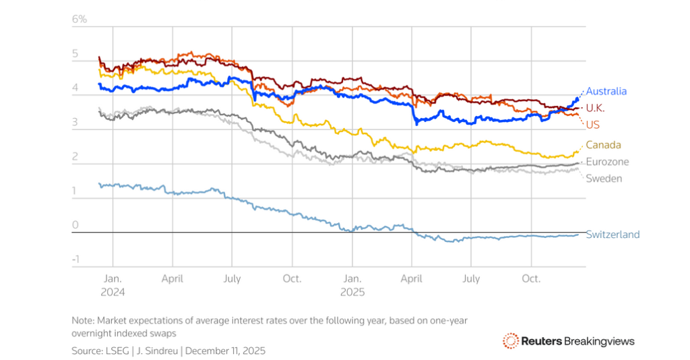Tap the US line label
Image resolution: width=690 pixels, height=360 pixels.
pos(592,125)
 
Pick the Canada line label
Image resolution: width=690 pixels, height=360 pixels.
pos(603,145)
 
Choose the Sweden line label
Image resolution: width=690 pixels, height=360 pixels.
pos(603,179)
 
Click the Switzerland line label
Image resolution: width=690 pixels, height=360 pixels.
pos(613,235)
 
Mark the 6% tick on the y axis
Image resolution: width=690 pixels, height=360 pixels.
pos(80,19)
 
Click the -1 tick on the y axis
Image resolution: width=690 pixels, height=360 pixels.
pos(76,260)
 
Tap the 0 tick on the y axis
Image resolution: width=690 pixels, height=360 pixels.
pos(75,225)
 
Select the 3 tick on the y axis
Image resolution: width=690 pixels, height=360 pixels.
pos(75,122)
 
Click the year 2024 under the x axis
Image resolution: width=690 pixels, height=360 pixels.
pos(113,293)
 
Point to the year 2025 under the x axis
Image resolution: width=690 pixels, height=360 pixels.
pos(352,293)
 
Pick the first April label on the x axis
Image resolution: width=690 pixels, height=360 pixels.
pos(172,278)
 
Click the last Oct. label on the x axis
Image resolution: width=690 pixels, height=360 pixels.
pos(531,278)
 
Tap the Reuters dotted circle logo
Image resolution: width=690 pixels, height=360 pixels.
pos(511,341)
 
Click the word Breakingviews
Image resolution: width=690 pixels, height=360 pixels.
pos(598,341)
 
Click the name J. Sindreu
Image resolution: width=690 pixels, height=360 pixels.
pos(158,351)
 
